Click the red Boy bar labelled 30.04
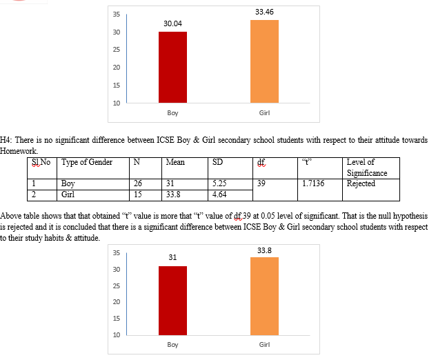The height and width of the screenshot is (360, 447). [x=172, y=67]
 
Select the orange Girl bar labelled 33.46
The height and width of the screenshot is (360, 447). [x=265, y=61]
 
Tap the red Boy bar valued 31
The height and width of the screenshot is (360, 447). [x=172, y=300]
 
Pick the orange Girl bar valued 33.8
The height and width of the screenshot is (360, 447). [x=265, y=296]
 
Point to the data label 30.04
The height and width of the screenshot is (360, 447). [x=172, y=23]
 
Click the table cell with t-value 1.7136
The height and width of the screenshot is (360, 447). [x=313, y=183]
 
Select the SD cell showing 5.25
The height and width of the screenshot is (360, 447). [x=220, y=183]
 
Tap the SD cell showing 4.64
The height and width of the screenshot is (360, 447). [x=220, y=194]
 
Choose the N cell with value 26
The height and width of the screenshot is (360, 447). [x=139, y=183]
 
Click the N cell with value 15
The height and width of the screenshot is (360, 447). [x=139, y=194]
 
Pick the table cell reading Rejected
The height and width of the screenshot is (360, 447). [x=361, y=183]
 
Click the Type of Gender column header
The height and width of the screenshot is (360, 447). [x=87, y=163]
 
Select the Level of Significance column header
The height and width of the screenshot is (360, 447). [x=367, y=168]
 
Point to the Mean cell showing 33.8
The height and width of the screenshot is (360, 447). [x=173, y=194]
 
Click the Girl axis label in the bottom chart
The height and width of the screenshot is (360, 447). [x=264, y=344]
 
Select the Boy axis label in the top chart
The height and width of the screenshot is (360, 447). [x=172, y=112]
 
